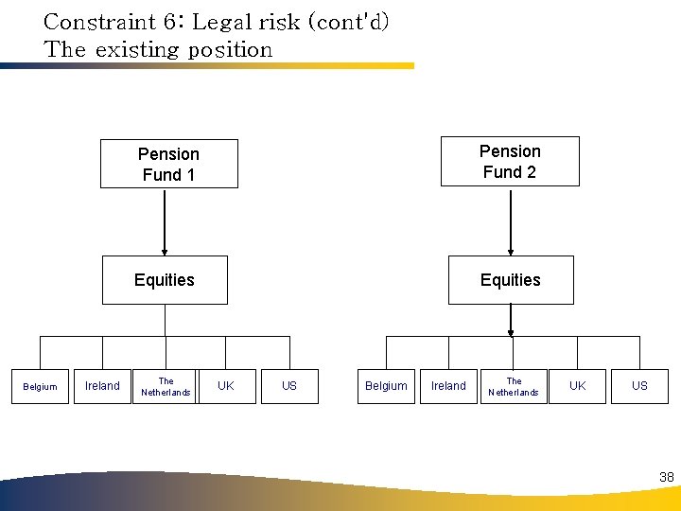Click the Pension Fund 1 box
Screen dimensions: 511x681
168,164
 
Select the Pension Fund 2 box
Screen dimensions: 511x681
510,161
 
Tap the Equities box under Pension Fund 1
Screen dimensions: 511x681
165,280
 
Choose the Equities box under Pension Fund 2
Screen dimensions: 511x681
511,280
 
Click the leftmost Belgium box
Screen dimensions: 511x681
40,386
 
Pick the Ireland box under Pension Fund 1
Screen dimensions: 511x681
102,386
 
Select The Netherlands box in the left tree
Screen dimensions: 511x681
166,386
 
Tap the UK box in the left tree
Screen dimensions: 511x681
226,386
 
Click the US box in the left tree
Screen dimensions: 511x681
289,386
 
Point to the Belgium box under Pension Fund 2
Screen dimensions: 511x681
386,386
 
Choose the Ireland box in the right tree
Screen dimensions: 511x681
448,386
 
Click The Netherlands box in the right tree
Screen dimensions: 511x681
514,386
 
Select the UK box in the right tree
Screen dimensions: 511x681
577,386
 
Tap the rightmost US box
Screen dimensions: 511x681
640,386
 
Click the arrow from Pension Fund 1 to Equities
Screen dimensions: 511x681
165,222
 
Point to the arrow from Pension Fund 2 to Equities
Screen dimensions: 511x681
511,221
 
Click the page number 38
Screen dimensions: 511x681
667,478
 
